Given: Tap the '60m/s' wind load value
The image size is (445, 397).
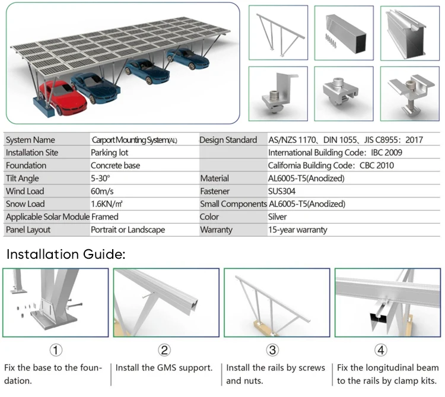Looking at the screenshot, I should click(x=103, y=192).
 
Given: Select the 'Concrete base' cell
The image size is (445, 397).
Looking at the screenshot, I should click(x=115, y=166).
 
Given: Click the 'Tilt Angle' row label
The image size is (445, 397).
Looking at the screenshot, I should click(x=22, y=179).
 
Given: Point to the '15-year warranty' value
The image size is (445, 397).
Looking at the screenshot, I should click(x=297, y=230).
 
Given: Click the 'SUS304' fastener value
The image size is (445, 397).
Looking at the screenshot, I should click(x=284, y=192).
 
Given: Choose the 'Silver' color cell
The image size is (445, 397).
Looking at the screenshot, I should click(x=278, y=217).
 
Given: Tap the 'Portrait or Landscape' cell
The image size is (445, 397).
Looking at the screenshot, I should click(x=128, y=230).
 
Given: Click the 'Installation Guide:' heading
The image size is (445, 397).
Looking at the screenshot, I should click(x=66, y=255).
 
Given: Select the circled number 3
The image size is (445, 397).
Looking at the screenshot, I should click(x=272, y=350).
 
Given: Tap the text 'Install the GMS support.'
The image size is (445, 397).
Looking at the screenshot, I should click(x=164, y=368).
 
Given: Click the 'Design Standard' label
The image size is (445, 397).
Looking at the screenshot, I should click(x=228, y=140).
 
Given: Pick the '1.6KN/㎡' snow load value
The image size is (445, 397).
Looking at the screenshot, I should click(x=107, y=204).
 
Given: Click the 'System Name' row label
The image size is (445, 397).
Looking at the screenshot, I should click(x=30, y=140).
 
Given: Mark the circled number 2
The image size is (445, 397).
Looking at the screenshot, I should click(x=164, y=350).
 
